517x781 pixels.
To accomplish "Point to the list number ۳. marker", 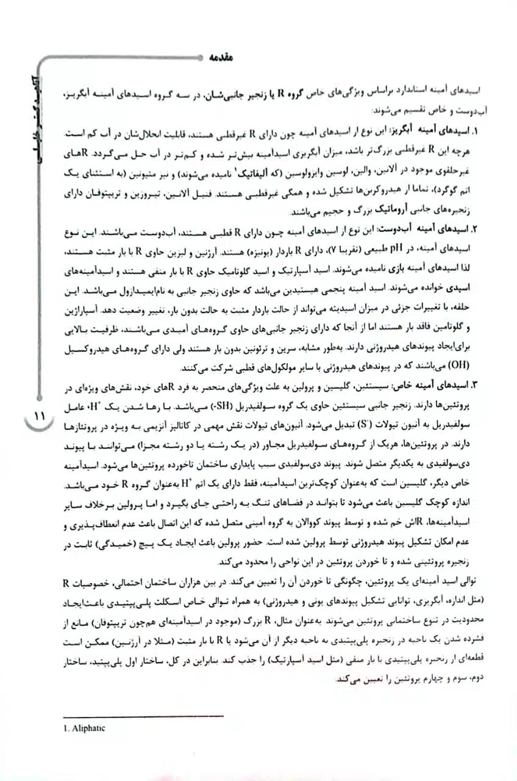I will [473, 384].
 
